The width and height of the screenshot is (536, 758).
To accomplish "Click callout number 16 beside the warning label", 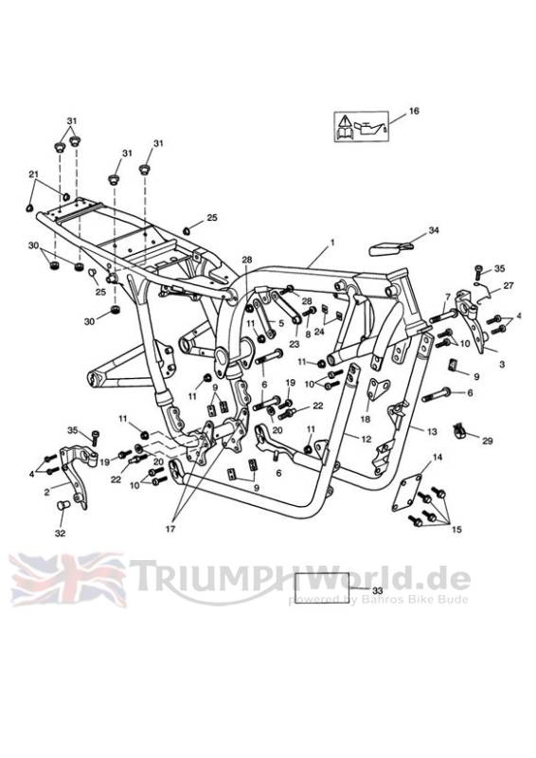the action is click(x=414, y=111).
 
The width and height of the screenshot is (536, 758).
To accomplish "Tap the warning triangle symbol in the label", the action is click(x=344, y=121).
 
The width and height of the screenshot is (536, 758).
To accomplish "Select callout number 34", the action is click(x=434, y=230).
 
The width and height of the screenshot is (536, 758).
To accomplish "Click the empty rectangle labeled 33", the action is click(x=322, y=586).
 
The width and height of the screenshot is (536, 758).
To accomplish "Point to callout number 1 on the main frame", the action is click(x=332, y=244).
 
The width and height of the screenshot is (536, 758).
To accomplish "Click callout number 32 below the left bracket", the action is click(x=61, y=533).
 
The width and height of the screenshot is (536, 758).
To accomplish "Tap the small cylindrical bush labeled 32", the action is click(x=63, y=505).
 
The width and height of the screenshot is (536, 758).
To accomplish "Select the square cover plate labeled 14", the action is click(x=406, y=492).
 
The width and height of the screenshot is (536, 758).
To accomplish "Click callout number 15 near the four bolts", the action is click(x=456, y=530).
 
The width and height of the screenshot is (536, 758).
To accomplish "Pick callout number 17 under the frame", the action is click(x=170, y=529).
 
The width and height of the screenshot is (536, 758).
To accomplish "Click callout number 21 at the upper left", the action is click(x=33, y=174).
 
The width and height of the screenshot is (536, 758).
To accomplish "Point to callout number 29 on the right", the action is click(x=487, y=441).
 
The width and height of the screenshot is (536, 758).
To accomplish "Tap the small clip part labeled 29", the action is click(x=460, y=430).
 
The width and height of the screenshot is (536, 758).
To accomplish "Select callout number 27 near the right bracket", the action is click(x=509, y=285).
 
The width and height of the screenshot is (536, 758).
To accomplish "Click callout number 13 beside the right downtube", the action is click(x=432, y=431).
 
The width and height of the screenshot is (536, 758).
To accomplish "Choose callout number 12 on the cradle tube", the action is click(x=366, y=439).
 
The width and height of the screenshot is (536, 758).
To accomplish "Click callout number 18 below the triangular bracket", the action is click(x=366, y=419).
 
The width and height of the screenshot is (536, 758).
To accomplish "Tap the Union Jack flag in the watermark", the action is click(x=67, y=580).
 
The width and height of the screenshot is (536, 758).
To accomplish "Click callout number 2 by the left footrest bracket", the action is click(x=46, y=492).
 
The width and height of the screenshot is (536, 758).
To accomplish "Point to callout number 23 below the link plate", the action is click(x=295, y=344).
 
